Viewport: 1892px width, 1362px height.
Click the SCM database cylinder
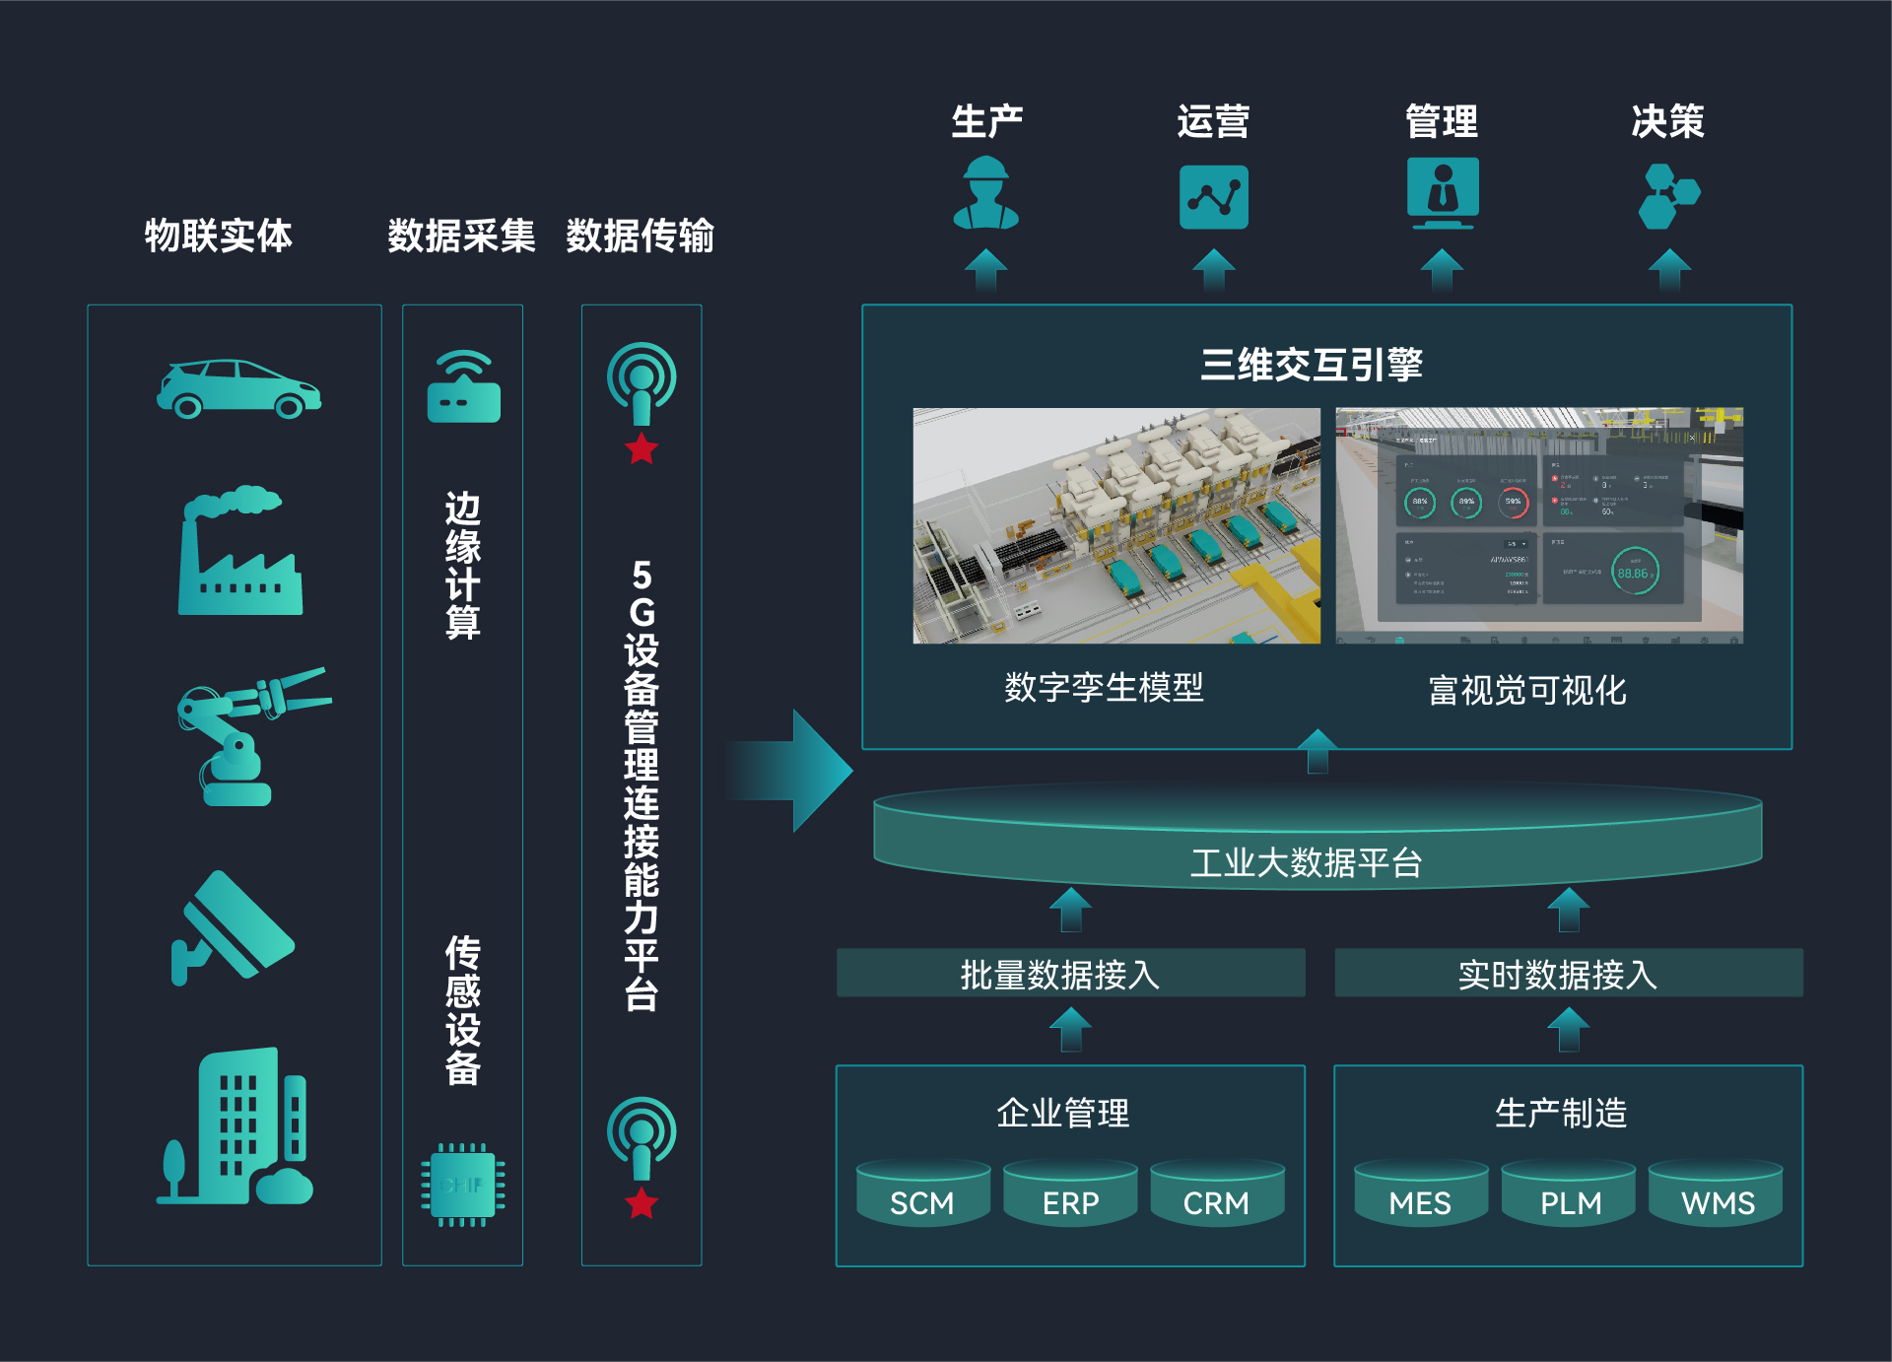[922, 1194]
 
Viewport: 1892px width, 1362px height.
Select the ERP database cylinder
[1070, 1194]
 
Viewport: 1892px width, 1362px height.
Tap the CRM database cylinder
[1216, 1194]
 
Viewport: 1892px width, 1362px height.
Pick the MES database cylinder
[1420, 1194]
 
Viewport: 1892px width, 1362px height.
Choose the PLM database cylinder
[1569, 1194]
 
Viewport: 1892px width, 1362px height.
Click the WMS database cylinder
[1717, 1194]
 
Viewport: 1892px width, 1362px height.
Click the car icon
[238, 388]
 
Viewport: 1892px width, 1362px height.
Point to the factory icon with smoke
[239, 551]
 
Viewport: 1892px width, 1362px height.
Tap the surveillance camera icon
[233, 926]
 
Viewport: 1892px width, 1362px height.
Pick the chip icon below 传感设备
[463, 1185]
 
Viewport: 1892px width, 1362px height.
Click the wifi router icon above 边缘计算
[463, 387]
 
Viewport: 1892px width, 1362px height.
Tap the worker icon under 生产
[985, 194]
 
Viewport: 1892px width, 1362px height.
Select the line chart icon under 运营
[1213, 197]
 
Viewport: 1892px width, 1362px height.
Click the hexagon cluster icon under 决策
[1667, 195]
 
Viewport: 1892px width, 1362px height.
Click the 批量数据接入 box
[1070, 974]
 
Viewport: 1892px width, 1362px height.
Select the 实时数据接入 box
[1568, 974]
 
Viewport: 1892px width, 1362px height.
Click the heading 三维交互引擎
[1311, 365]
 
